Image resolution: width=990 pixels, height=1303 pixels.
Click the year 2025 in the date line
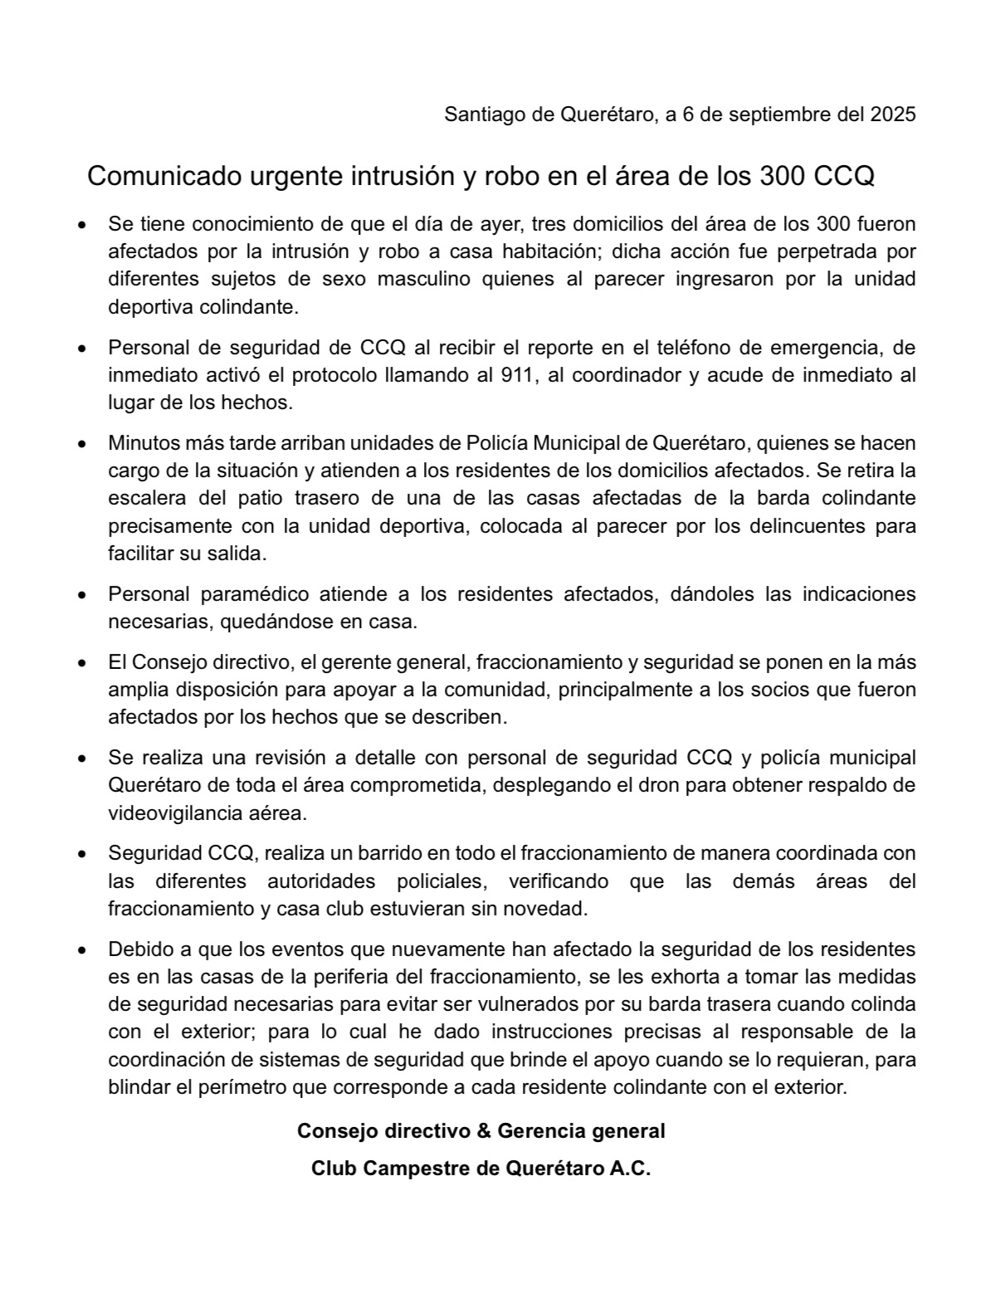click(893, 114)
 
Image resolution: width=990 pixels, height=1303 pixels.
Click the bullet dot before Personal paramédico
click(81, 595)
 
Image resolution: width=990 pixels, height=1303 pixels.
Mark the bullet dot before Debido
click(81, 949)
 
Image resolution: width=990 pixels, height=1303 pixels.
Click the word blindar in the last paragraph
click(138, 1086)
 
